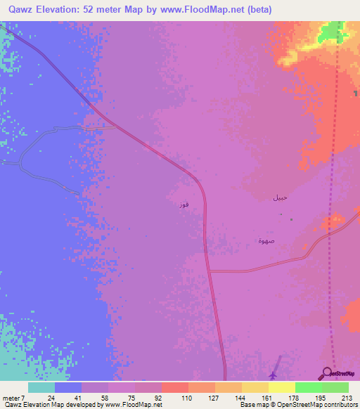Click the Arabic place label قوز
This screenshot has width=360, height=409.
(x=184, y=204)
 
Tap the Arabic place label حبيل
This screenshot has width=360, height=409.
(x=280, y=198)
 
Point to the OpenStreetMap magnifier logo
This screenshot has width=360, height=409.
(x=327, y=373)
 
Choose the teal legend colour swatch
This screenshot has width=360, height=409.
(x=41, y=387)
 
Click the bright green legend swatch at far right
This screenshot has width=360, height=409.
(x=335, y=387)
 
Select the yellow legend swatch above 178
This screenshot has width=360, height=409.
(x=282, y=387)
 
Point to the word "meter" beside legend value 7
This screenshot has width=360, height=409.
(x=12, y=398)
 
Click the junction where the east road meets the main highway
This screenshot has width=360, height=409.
(x=210, y=271)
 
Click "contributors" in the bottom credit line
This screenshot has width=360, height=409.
(x=340, y=405)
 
